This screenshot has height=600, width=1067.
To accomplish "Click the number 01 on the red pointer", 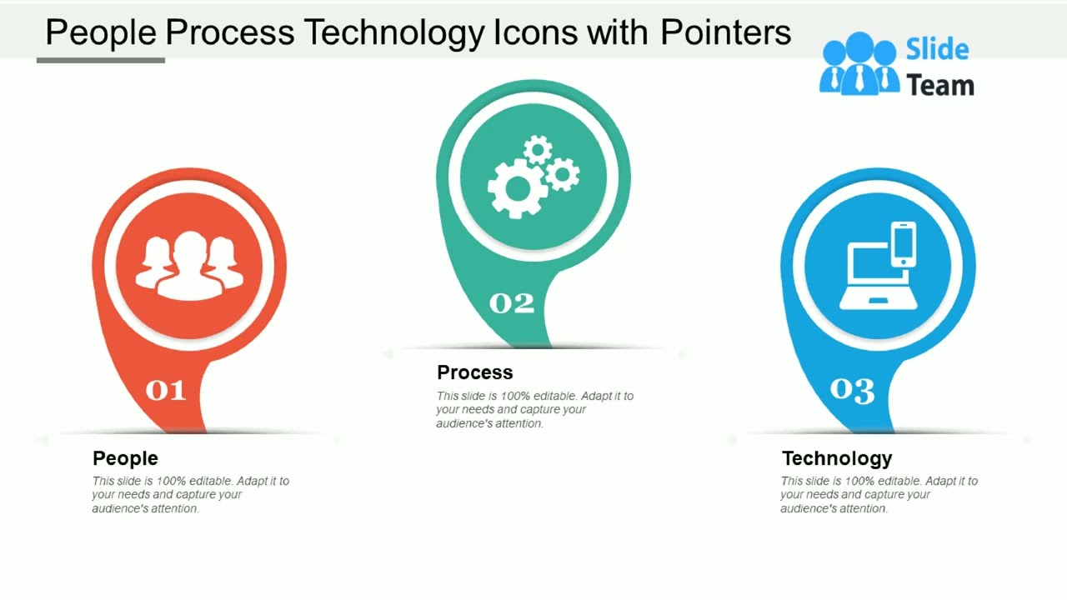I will (165, 390).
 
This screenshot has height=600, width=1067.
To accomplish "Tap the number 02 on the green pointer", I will (511, 303).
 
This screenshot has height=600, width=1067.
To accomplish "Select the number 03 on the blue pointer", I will (852, 390).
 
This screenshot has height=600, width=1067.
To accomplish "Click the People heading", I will (125, 458).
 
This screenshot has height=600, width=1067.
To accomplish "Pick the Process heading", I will (475, 372).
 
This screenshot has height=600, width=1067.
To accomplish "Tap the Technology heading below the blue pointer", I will (837, 458).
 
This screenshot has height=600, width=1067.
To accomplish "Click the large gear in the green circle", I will (517, 189).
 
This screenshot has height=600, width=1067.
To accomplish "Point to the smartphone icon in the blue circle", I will (903, 243).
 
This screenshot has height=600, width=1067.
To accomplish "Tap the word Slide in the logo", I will (937, 50).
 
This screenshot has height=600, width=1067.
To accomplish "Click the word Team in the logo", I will (939, 85).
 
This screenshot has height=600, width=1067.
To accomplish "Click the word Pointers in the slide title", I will (725, 32).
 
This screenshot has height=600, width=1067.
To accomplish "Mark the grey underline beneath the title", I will (101, 60).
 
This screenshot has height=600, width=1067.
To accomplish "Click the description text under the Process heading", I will (533, 409).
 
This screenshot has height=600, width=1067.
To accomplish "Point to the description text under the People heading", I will (190, 494).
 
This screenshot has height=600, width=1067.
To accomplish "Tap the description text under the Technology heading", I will (879, 494).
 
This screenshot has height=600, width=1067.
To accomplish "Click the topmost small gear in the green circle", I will (539, 150).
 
